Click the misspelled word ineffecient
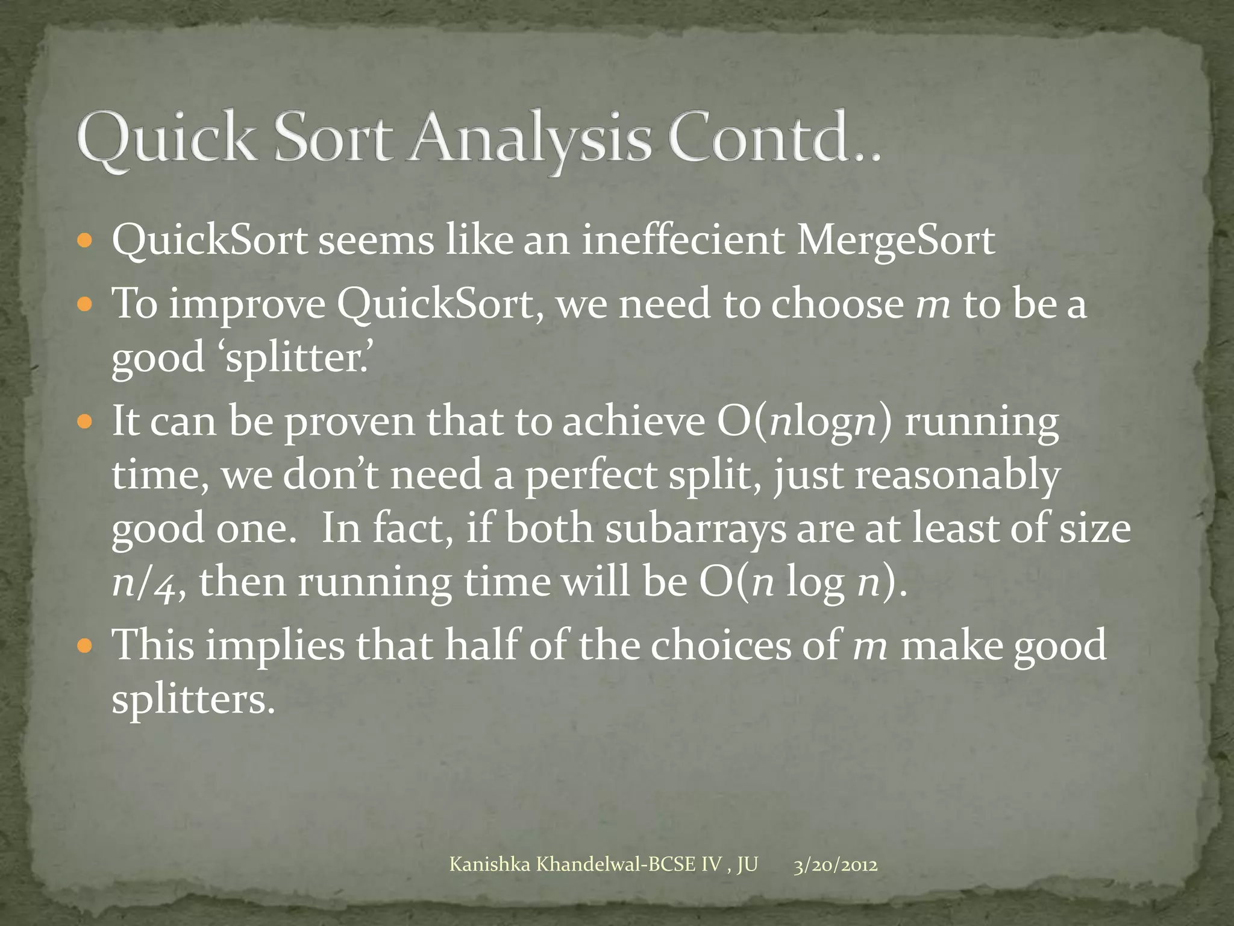pyautogui.click(x=683, y=241)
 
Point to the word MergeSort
pyautogui.click(x=895, y=241)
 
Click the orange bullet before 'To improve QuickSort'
pyautogui.click(x=86, y=303)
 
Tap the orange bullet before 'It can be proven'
pyautogui.click(x=86, y=421)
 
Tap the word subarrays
pyautogui.click(x=696, y=529)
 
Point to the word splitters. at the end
pyautogui.click(x=193, y=699)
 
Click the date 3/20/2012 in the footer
pyautogui.click(x=835, y=865)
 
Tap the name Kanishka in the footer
pyautogui.click(x=490, y=865)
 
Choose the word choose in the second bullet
pyautogui.click(x=838, y=303)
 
